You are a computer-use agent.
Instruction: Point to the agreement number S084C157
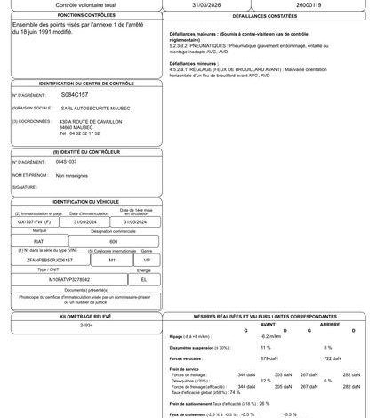pyautogui.click(x=75, y=92)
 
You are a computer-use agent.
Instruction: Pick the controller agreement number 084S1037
pyautogui.click(x=67, y=163)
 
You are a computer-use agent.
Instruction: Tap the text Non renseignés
pyautogui.click(x=72, y=176)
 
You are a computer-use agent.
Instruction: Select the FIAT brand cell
pyautogui.click(x=38, y=241)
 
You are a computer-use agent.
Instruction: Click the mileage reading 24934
pyautogui.click(x=86, y=326)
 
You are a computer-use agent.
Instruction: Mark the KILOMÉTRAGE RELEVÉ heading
pyautogui.click(x=86, y=316)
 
